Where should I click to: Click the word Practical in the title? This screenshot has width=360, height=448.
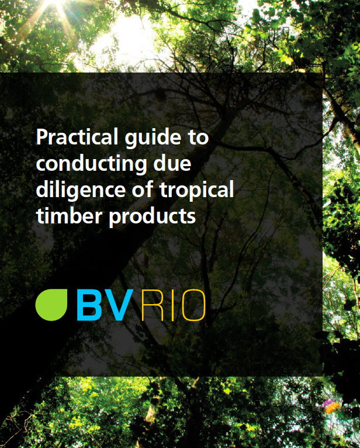tap(77, 137)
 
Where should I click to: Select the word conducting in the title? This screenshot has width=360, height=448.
tap(91, 165)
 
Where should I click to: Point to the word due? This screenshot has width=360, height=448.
tap(172, 163)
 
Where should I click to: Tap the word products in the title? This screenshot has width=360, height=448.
tap(153, 217)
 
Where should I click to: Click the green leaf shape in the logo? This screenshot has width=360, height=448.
tap(51, 305)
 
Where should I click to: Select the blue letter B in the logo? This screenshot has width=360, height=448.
tap(89, 305)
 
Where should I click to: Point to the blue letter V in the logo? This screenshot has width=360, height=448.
tap(119, 305)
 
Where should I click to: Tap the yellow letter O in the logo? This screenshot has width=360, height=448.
tap(194, 305)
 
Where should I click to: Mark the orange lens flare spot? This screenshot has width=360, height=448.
tap(333, 407)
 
